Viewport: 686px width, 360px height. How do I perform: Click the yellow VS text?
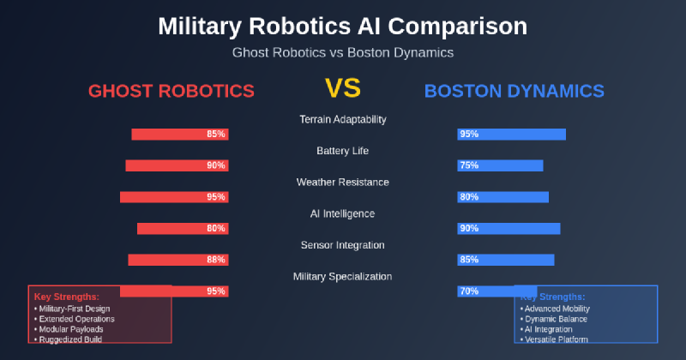342,88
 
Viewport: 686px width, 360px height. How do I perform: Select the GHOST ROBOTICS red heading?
171,91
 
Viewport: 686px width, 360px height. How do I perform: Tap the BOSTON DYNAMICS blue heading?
514,91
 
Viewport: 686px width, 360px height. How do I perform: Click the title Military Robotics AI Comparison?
342,27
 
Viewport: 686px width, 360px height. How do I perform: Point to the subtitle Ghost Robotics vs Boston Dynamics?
342,52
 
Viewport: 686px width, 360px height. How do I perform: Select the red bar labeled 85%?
180,134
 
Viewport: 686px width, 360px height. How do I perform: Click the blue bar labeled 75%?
500,165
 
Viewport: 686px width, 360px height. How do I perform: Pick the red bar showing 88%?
178,260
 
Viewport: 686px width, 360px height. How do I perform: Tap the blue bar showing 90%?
508,228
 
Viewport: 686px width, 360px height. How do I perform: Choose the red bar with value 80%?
183,228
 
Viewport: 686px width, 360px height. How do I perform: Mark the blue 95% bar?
511,134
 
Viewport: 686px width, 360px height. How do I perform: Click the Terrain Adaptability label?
342,119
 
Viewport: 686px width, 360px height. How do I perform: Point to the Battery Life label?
342,151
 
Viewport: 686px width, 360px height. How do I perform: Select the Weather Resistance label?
342,182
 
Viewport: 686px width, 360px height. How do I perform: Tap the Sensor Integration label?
342,245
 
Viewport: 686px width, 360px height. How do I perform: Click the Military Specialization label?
342,276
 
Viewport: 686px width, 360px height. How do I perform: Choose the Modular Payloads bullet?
73,329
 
